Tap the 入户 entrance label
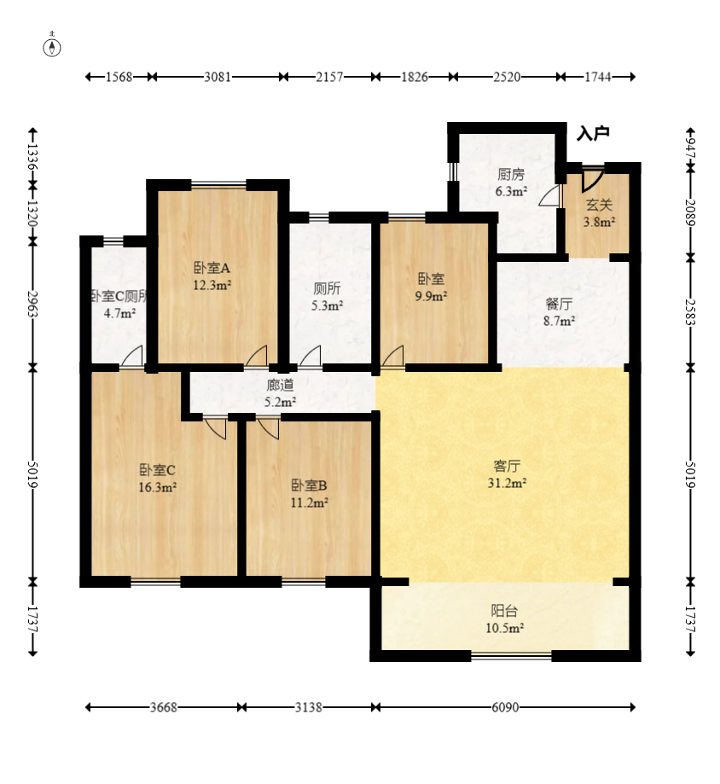pyautogui.click(x=593, y=133)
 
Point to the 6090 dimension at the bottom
pyautogui.click(x=506, y=707)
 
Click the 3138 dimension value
pyautogui.click(x=309, y=707)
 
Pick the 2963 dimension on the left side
pyautogui.click(x=33, y=304)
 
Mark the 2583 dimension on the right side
pyautogui.click(x=690, y=312)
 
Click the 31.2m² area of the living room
pyautogui.click(x=507, y=483)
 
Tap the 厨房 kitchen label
pyautogui.click(x=511, y=175)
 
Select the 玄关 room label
pyautogui.click(x=599, y=205)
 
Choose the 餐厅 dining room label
pyautogui.click(x=559, y=304)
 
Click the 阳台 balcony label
pyautogui.click(x=504, y=611)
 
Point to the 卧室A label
pyautogui.click(x=212, y=268)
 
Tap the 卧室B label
pyautogui.click(x=309, y=485)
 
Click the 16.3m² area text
pyautogui.click(x=158, y=487)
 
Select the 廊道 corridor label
pyautogui.click(x=280, y=385)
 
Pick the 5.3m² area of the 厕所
pyautogui.click(x=327, y=305)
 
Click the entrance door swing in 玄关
pyautogui.click(x=593, y=181)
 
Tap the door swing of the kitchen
pyautogui.click(x=549, y=196)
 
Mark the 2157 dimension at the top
pyautogui.click(x=329, y=77)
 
